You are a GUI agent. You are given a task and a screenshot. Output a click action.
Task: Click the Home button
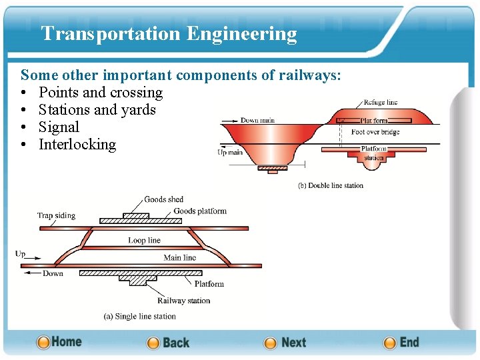tap(59, 342)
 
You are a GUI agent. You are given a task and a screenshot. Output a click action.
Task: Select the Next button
tap(285, 343)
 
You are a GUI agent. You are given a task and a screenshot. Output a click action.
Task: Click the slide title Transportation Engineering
tap(169, 33)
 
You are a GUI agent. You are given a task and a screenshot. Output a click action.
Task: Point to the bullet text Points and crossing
tap(101, 93)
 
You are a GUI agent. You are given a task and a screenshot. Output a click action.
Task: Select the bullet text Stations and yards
tap(97, 110)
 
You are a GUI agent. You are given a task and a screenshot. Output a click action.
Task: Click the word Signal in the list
tap(59, 127)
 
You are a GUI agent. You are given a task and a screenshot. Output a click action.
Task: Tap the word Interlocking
tap(77, 145)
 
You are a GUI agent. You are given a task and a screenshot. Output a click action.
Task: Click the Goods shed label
tap(163, 199)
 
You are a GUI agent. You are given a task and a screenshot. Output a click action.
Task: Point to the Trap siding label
tap(56, 215)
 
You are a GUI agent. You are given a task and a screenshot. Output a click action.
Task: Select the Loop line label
tap(145, 240)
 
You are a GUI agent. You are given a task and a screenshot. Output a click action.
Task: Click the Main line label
tap(180, 257)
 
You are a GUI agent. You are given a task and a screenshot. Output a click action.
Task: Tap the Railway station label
tap(183, 301)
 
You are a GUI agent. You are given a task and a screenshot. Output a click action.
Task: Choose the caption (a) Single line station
tap(140, 316)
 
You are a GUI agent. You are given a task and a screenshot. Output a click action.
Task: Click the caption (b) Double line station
tap(331, 185)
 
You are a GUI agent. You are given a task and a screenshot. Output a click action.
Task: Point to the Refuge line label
tap(381, 103)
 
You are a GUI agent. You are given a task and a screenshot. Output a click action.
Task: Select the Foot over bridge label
tap(375, 132)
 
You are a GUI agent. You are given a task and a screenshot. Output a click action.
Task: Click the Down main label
tap(257, 120)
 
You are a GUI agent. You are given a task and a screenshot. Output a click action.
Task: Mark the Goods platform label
tap(200, 211)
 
